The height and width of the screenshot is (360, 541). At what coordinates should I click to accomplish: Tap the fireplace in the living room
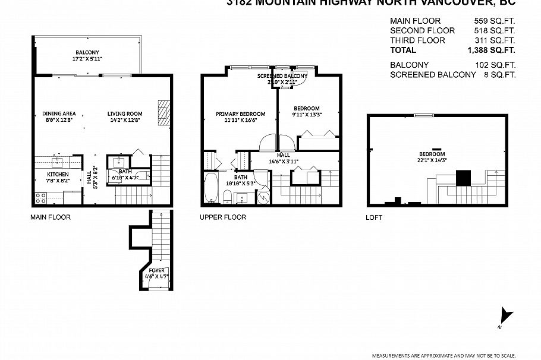(163, 112)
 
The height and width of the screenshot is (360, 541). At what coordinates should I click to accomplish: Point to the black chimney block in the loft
(464, 178)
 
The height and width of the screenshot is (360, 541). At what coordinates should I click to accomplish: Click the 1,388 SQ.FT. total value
(491, 51)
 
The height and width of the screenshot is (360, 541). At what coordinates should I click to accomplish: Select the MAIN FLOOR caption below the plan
(51, 217)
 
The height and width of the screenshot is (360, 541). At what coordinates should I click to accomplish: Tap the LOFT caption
(374, 218)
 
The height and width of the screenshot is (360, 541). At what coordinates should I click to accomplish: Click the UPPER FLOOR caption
(223, 217)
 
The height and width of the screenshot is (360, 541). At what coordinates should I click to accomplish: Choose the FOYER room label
(158, 270)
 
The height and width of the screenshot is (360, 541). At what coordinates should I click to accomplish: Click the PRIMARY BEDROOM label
(236, 114)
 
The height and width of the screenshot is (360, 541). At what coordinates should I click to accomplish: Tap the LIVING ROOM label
(125, 114)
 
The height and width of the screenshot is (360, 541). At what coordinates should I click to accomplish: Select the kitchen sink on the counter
(59, 160)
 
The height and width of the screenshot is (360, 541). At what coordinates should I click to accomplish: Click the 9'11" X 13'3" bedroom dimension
(308, 115)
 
